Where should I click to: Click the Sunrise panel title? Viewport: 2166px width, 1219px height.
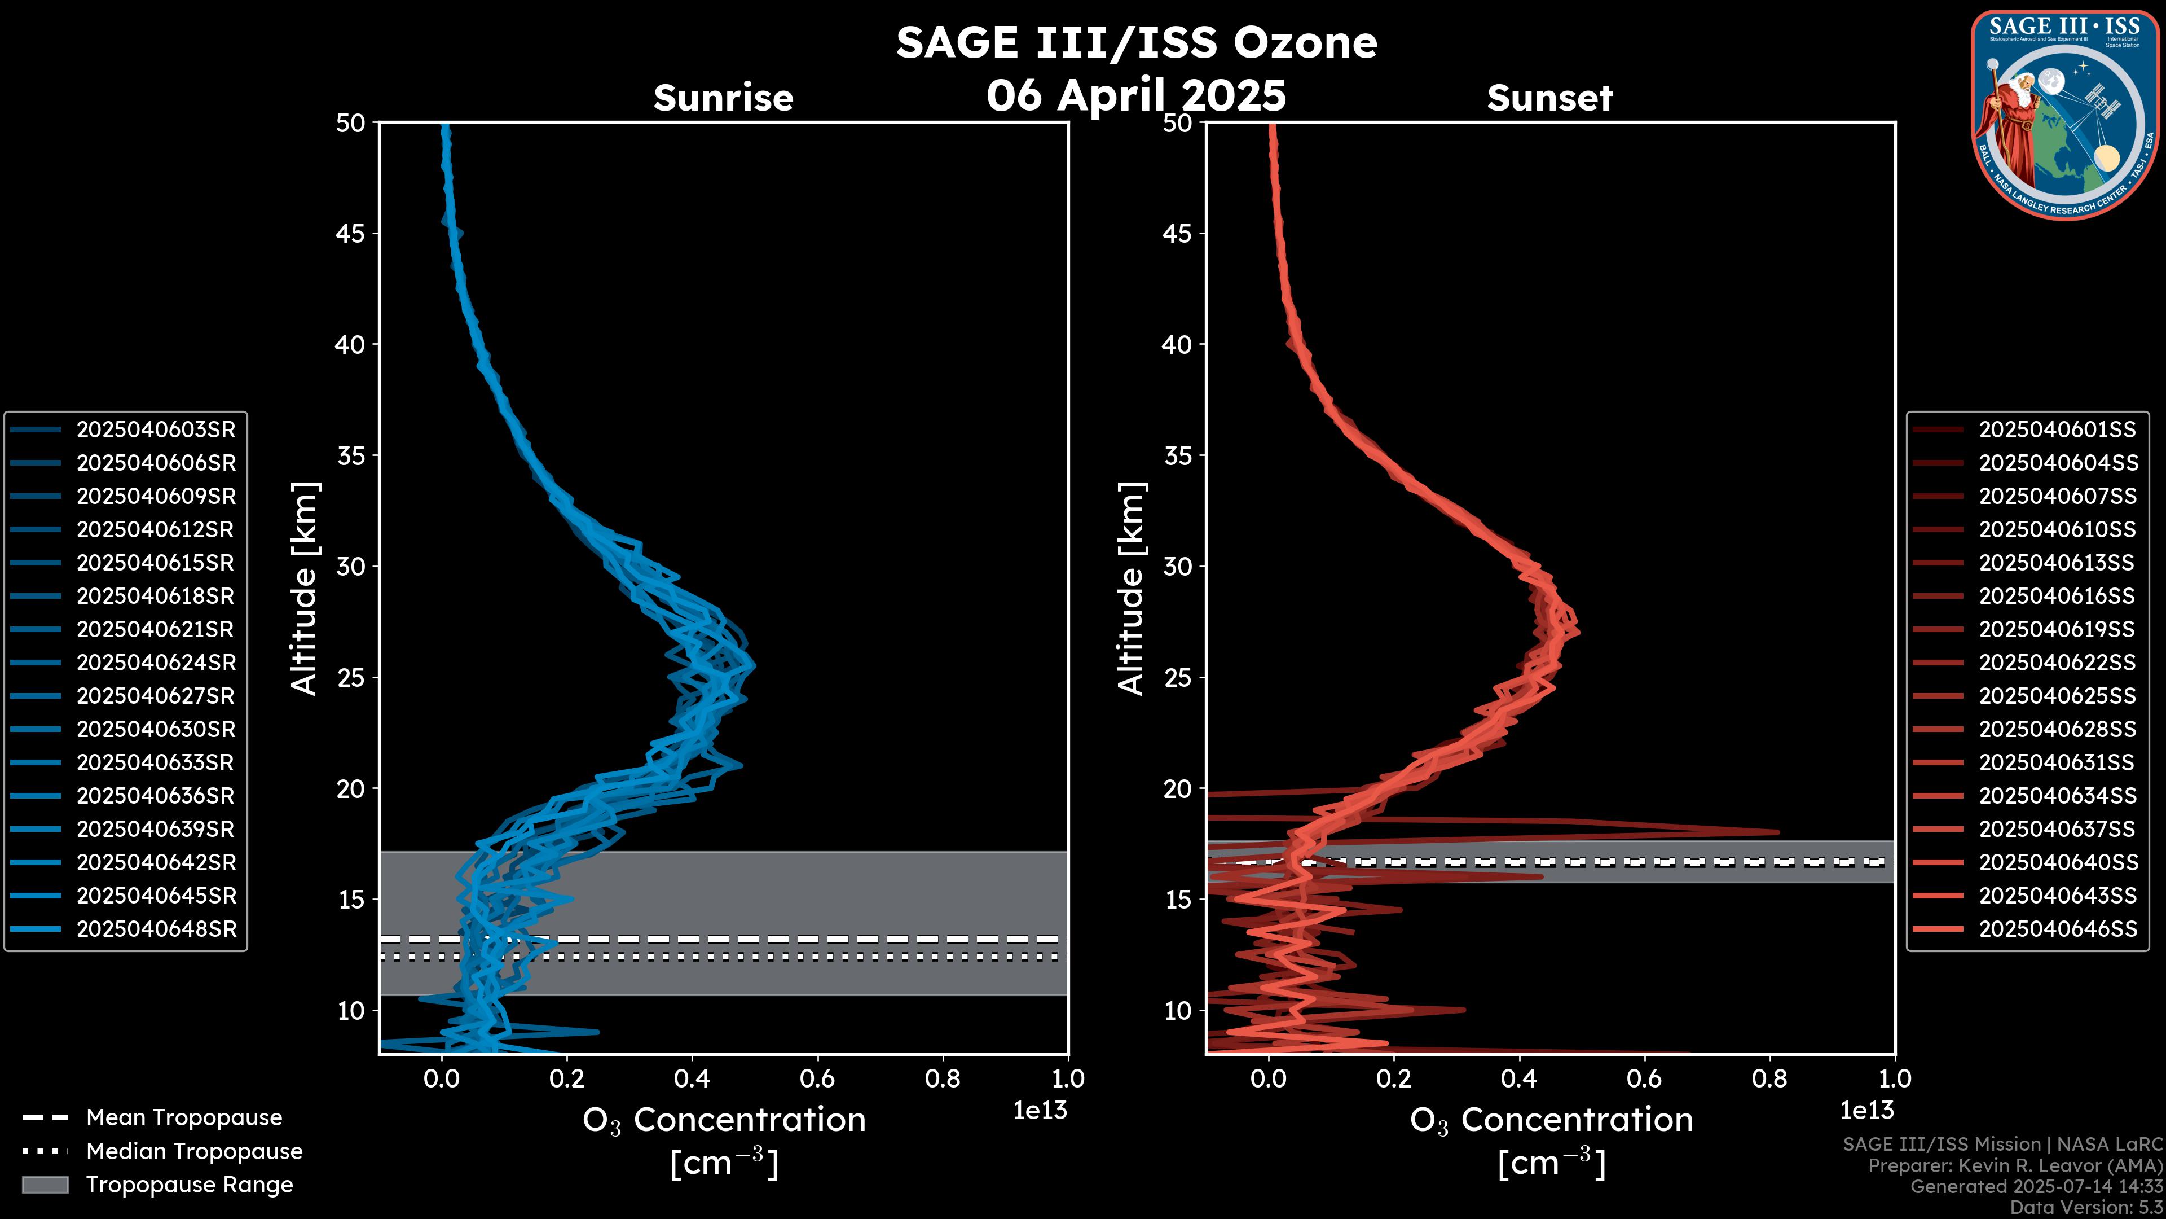[x=723, y=98]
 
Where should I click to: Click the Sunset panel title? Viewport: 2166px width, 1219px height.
[x=1549, y=98]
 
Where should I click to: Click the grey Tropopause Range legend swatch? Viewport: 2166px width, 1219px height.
[x=45, y=1185]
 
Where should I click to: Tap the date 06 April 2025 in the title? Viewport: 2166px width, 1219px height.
[x=1136, y=95]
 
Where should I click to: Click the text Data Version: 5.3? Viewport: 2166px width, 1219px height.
[x=2085, y=1207]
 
